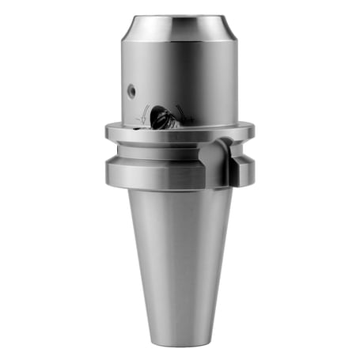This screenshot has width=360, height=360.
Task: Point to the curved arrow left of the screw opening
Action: click(145, 115)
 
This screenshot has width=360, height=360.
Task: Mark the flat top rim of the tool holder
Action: click(180, 17)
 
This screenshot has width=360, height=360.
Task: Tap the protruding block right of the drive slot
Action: click(242, 166)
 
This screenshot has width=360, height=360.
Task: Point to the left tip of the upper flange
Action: click(107, 132)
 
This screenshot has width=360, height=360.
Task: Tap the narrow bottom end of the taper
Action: click(180, 336)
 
